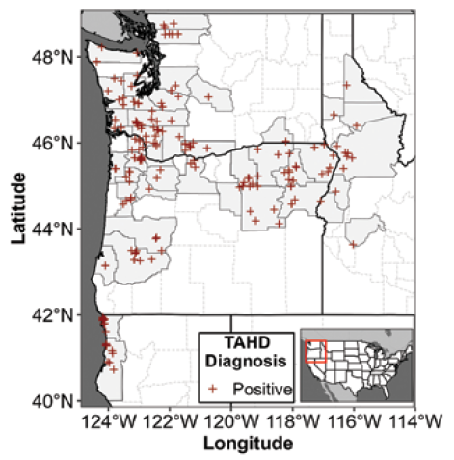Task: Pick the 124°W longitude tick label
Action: [107, 421]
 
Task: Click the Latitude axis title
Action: [17, 207]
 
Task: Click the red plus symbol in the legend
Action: [218, 389]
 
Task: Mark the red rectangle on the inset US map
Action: [317, 350]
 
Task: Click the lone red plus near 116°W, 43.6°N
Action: [354, 244]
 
